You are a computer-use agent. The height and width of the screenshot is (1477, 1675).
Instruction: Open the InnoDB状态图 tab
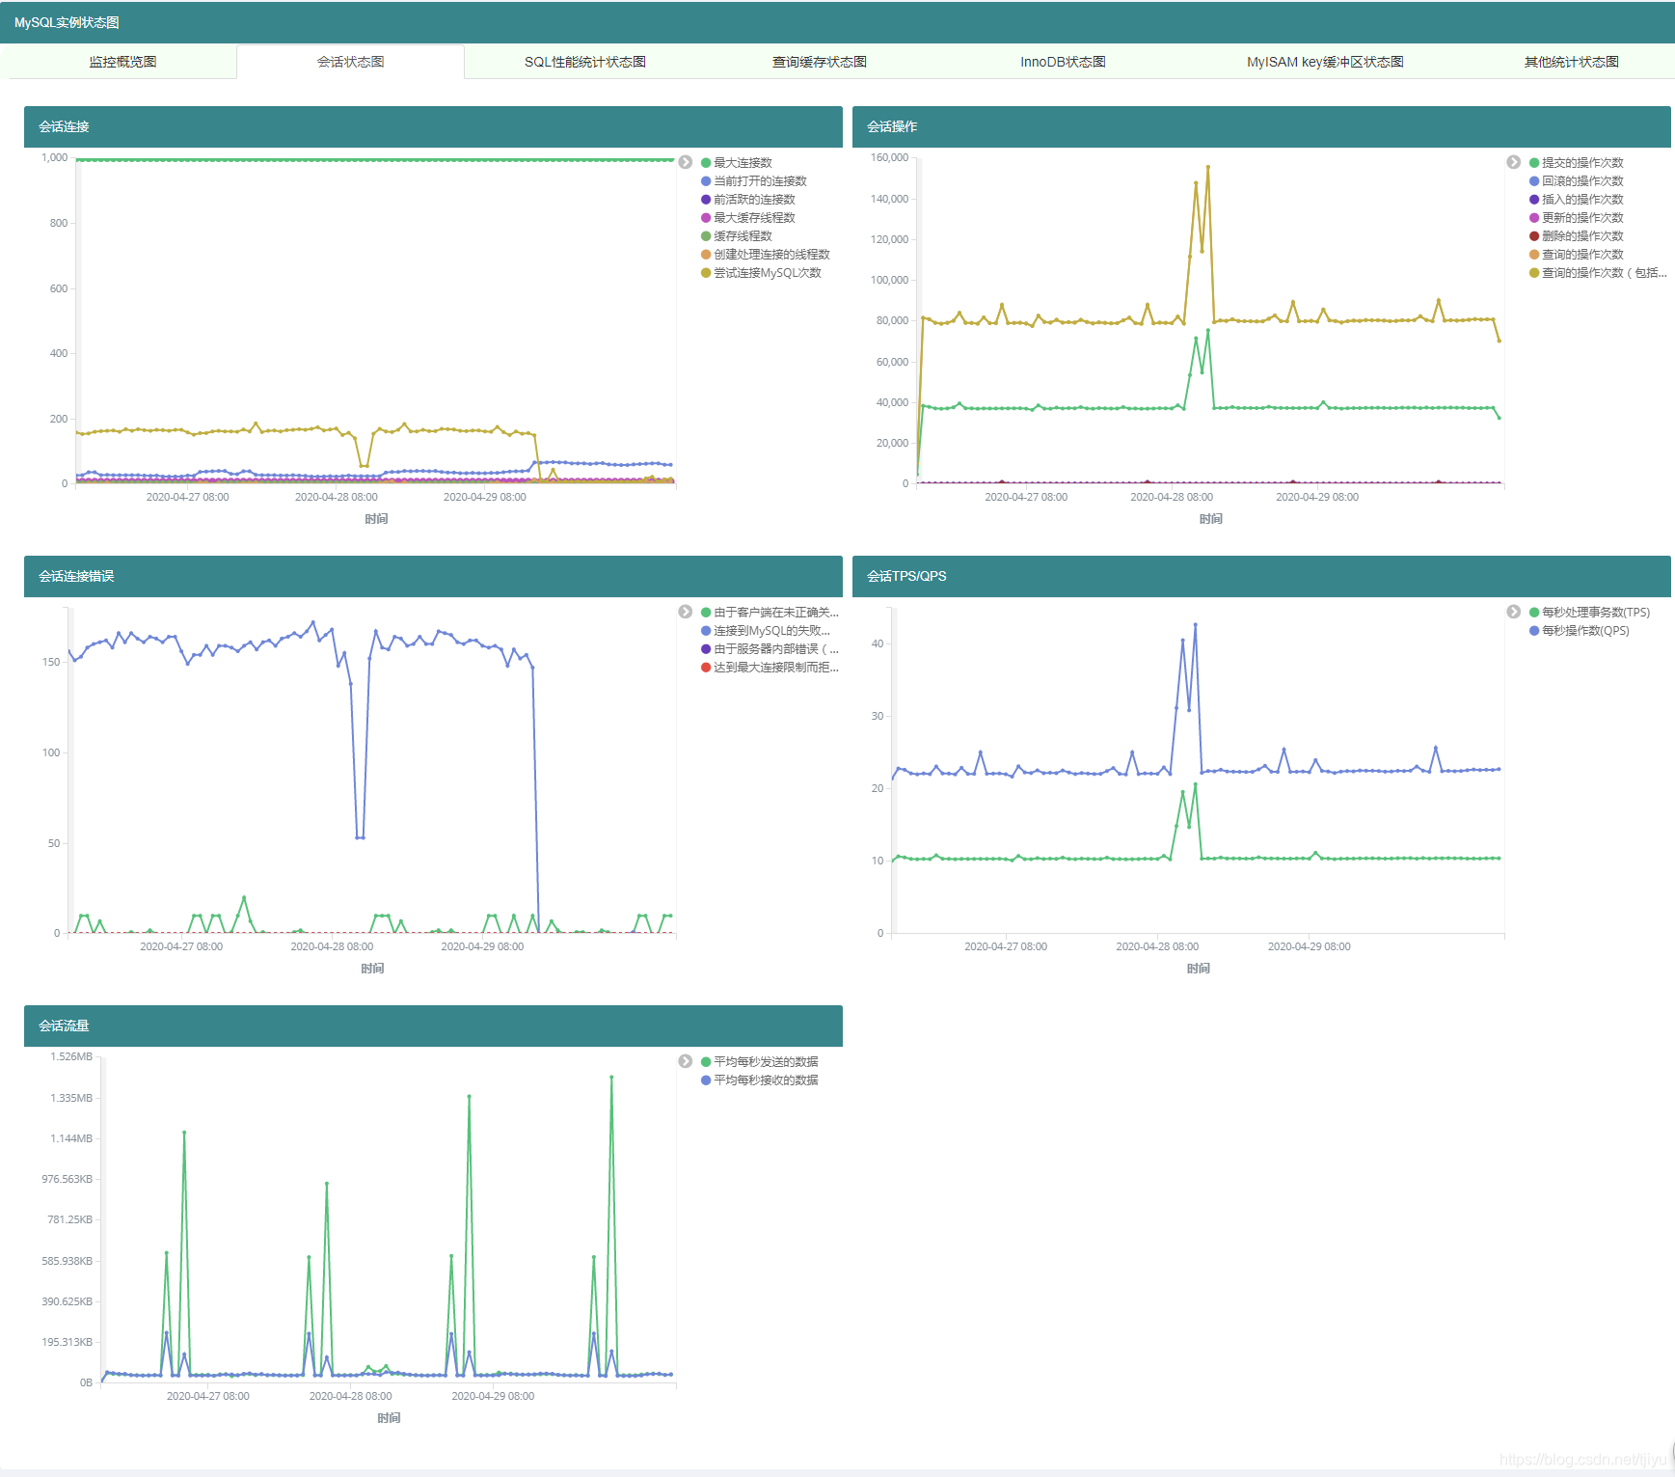pyautogui.click(x=1063, y=62)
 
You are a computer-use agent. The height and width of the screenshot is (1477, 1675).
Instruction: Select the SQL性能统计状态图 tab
pyautogui.click(x=585, y=62)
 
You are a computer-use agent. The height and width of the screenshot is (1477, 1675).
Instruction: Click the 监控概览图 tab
pyautogui.click(x=122, y=62)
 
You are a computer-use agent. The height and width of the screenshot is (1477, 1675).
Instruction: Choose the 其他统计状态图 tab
pyautogui.click(x=1571, y=62)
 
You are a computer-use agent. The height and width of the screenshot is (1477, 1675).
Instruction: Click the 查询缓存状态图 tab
pyautogui.click(x=820, y=62)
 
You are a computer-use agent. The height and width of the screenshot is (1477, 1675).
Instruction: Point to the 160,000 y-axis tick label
pyautogui.click(x=889, y=157)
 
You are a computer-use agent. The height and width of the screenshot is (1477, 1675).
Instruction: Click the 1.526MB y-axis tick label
pyautogui.click(x=71, y=1056)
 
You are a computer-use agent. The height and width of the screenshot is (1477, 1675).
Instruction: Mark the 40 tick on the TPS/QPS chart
pyautogui.click(x=878, y=643)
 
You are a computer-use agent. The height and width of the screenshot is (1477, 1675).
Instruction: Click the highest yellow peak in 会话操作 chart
pyautogui.click(x=1207, y=167)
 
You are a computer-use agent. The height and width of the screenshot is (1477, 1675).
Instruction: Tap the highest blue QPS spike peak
pyautogui.click(x=1195, y=624)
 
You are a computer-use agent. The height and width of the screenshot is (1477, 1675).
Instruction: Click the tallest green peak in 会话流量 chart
pyautogui.click(x=611, y=1077)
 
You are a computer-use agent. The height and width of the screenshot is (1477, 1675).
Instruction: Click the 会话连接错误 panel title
pyautogui.click(x=76, y=576)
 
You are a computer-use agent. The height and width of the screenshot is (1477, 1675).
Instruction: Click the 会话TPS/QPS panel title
pyautogui.click(x=906, y=576)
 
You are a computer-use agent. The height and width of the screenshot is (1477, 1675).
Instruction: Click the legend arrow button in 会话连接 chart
pyautogui.click(x=686, y=162)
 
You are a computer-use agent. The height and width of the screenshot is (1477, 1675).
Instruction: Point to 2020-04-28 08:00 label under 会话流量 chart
pyautogui.click(x=350, y=1396)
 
